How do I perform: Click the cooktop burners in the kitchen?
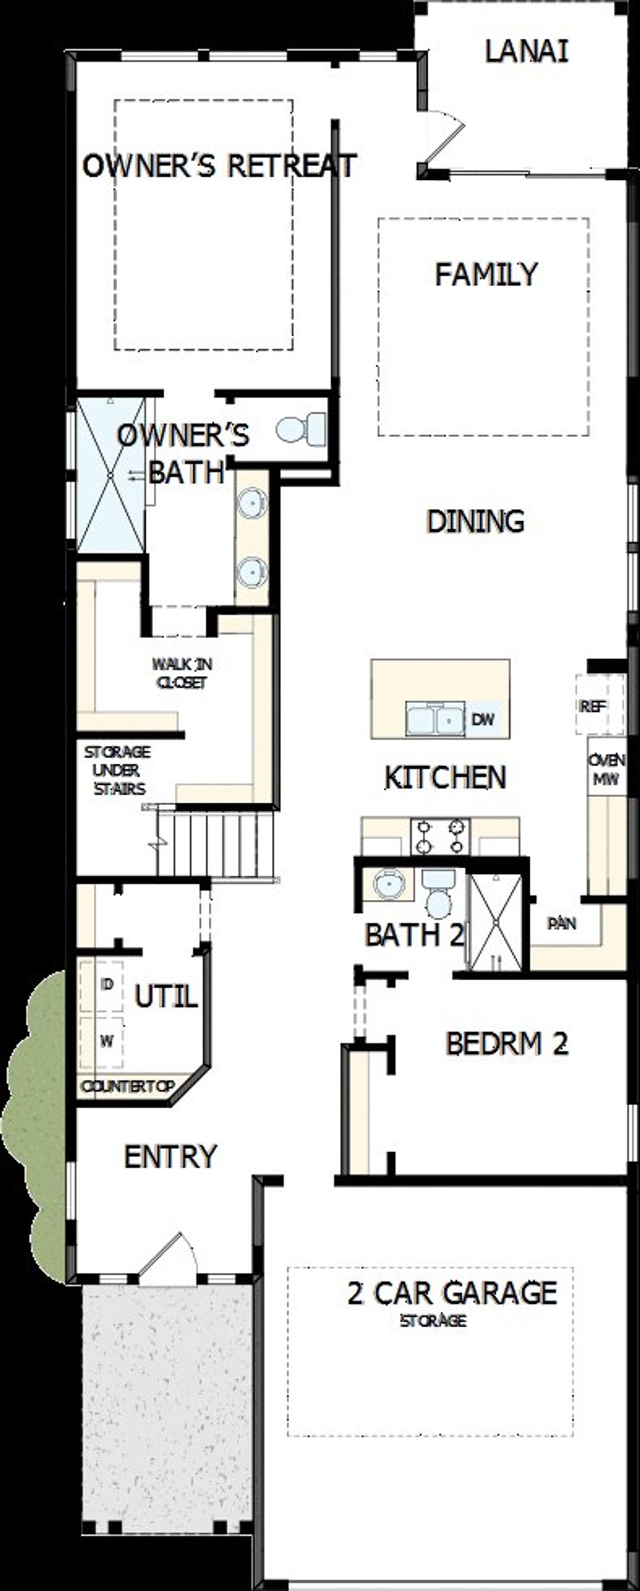[x=440, y=836]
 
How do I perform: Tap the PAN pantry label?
[x=561, y=923]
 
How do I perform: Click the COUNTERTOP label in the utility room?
[x=128, y=1087]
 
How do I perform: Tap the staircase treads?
[x=216, y=843]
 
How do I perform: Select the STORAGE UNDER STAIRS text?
[x=117, y=770]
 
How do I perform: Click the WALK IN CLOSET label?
[x=182, y=673]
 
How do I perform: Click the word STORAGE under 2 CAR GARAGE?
[x=433, y=1321]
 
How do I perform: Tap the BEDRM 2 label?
[x=506, y=1044]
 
